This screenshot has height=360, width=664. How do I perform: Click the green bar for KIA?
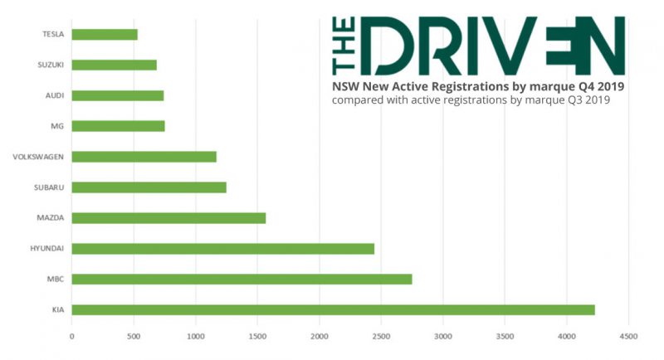coord(332,310)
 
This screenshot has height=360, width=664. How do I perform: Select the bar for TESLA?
coord(105,35)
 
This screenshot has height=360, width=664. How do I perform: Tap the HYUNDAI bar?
coord(222,249)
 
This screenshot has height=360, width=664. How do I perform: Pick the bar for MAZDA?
coord(168,218)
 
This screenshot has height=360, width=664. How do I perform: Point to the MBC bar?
coord(242,280)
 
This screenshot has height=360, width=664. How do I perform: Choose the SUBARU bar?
coord(149,187)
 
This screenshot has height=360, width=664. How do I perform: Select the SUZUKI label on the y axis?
coord(50,65)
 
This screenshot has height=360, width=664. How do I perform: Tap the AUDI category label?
coord(55,95)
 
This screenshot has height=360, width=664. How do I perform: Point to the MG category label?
coord(58,126)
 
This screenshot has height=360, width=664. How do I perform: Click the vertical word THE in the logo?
coord(340,46)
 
